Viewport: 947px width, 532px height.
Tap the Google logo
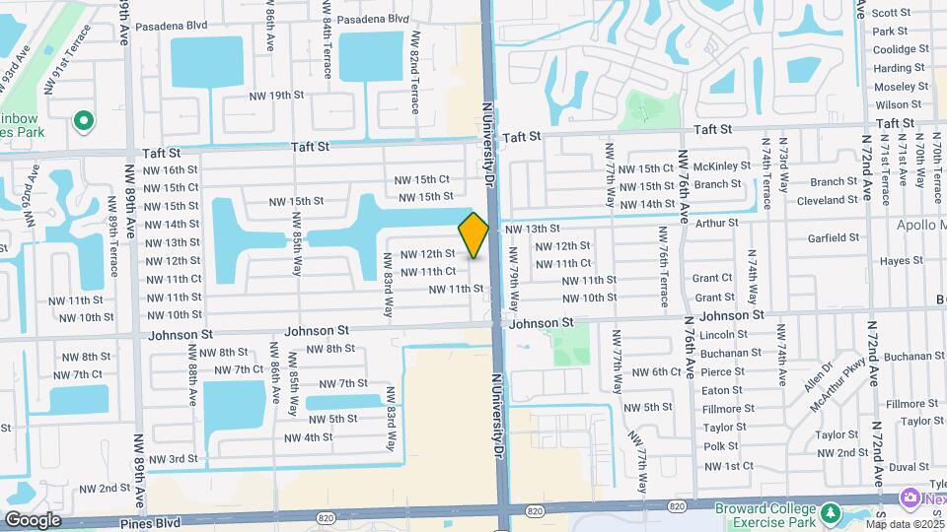click(33, 519)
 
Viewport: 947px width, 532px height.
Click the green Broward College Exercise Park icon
click(831, 512)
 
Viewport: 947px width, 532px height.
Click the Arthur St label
click(715, 223)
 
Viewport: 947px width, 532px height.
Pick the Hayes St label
click(902, 261)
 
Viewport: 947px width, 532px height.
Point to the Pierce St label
click(723, 371)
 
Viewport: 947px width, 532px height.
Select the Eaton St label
click(722, 390)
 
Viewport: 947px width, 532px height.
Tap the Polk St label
click(721, 446)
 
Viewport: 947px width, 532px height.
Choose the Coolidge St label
click(901, 49)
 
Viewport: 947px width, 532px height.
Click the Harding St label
click(898, 68)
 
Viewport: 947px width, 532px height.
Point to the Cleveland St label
click(827, 200)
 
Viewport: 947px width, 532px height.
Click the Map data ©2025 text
click(905, 523)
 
